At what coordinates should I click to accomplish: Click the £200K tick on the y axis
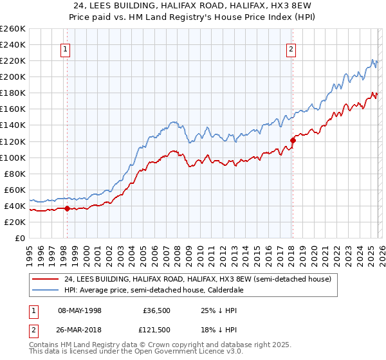coord(13,76)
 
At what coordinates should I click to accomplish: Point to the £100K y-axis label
coord(13,157)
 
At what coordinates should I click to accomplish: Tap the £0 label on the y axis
coord(19,238)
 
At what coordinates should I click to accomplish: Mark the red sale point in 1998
coord(67,208)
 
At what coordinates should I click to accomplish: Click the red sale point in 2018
coord(293,139)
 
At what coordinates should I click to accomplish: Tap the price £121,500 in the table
coord(157,330)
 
